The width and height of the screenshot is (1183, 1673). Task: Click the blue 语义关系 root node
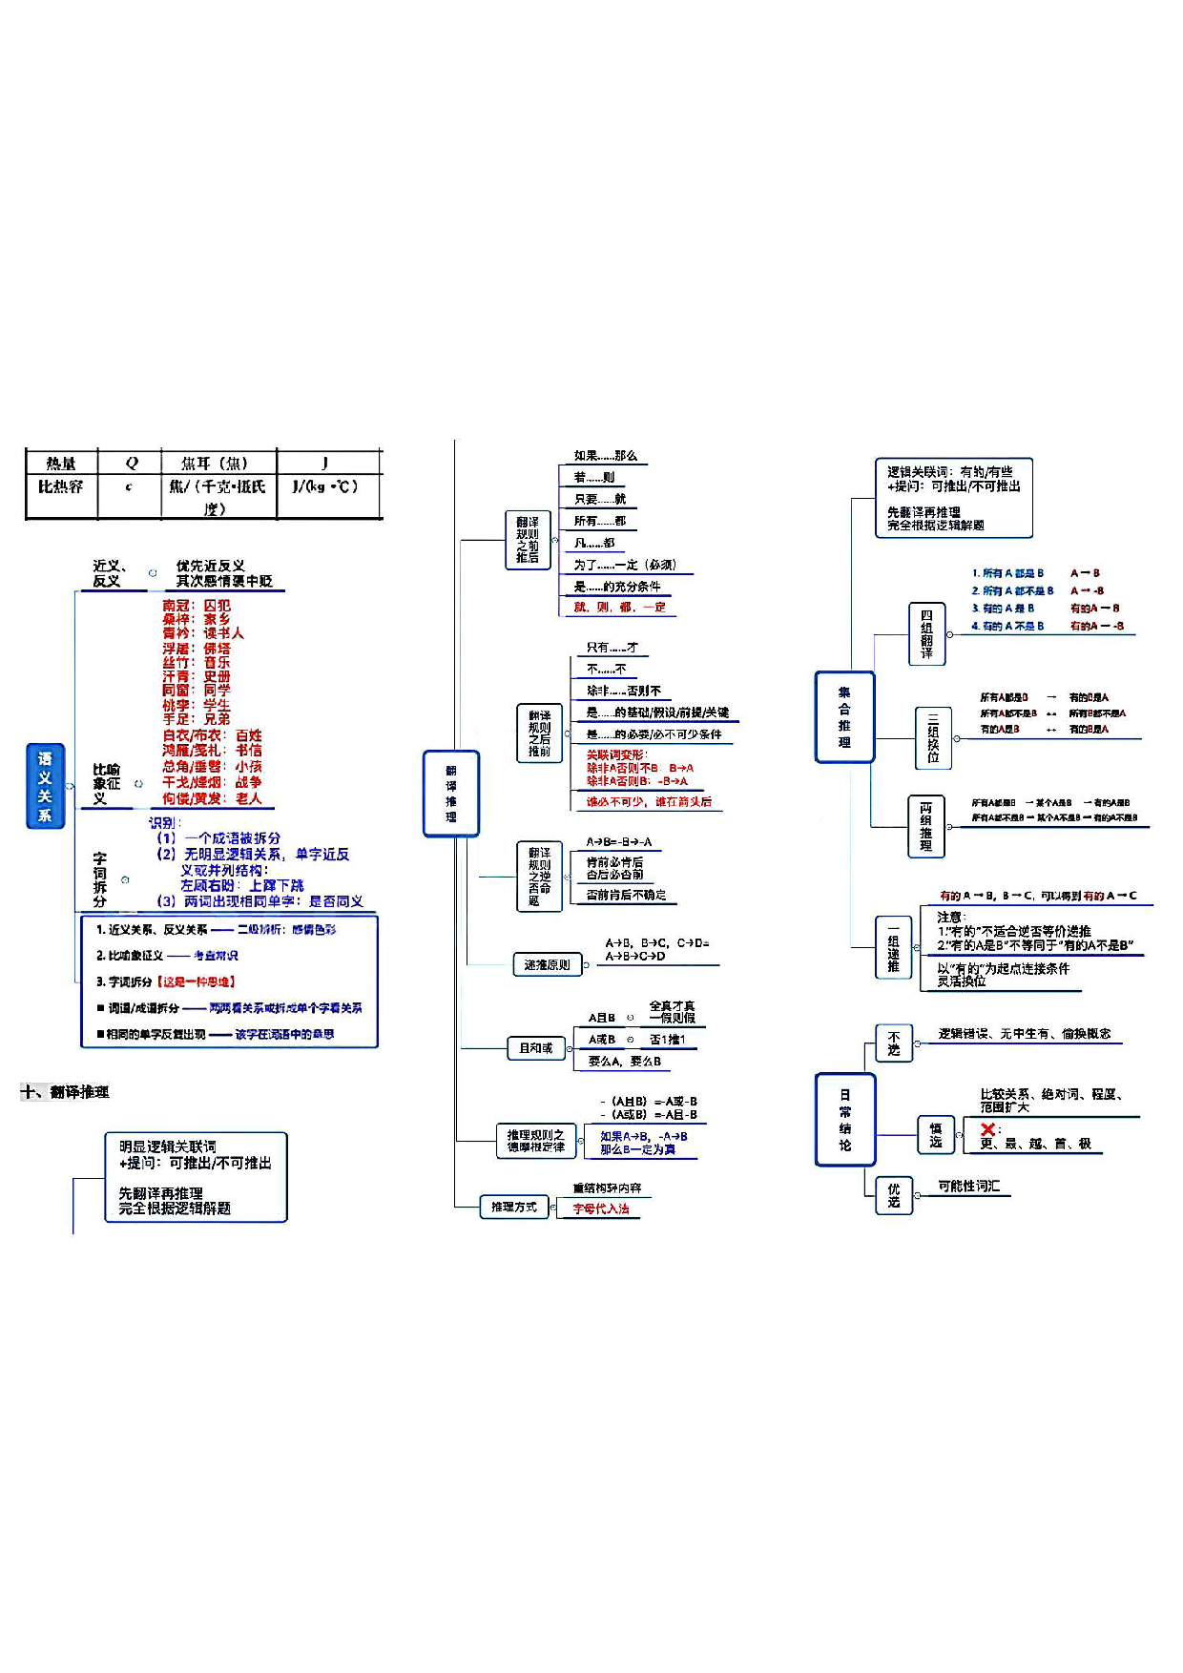[x=45, y=786]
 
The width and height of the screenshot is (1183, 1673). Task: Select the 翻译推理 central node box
[x=450, y=794]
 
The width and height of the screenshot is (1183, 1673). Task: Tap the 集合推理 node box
[x=844, y=717]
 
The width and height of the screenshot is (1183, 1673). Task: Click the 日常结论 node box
[x=844, y=1119]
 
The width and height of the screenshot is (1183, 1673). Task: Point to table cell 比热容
[x=61, y=487]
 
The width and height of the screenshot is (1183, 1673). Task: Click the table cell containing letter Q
[x=131, y=464]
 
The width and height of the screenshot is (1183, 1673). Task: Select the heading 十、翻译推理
[x=65, y=1092]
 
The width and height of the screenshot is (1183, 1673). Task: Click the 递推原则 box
[x=547, y=964]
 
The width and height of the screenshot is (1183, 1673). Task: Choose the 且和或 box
[x=535, y=1048]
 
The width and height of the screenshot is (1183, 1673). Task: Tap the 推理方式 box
[x=514, y=1208]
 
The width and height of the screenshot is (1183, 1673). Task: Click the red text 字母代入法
[x=601, y=1208]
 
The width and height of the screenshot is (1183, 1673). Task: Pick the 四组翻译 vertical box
[x=926, y=634]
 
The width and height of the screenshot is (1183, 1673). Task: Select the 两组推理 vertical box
[x=925, y=826]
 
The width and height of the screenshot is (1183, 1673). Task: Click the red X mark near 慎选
[x=987, y=1129]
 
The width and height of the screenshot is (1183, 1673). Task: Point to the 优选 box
[x=894, y=1195]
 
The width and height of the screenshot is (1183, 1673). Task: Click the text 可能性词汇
[x=968, y=1186]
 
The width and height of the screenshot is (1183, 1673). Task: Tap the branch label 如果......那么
[x=605, y=456]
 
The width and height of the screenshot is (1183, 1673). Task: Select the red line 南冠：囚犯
[x=196, y=606]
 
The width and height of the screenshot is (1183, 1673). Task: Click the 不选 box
[x=894, y=1043]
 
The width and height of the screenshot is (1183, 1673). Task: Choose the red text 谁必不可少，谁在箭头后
[x=648, y=802]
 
